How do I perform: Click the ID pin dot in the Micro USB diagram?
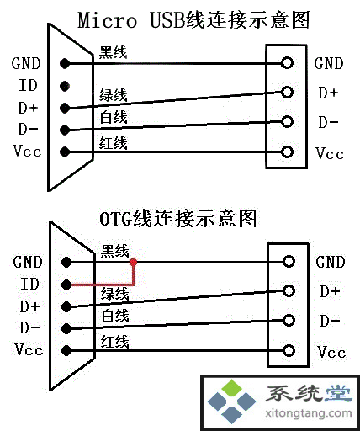click(65, 86)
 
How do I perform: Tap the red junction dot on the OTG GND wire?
click(134, 263)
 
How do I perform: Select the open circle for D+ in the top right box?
click(287, 92)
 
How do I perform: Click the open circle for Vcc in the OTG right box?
click(289, 350)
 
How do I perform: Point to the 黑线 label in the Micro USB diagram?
click(113, 52)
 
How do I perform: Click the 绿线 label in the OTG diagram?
click(114, 294)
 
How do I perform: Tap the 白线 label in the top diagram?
click(114, 117)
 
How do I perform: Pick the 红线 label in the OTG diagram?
click(114, 342)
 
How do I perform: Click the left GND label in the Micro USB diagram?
click(26, 63)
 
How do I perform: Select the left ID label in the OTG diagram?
click(29, 284)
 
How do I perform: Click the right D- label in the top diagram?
click(328, 122)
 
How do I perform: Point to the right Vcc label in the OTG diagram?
click(331, 352)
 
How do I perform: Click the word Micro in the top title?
click(107, 20)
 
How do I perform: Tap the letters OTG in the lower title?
click(116, 219)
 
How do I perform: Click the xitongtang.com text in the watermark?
click(308, 413)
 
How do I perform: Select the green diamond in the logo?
click(232, 388)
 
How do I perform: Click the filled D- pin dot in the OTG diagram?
click(66, 328)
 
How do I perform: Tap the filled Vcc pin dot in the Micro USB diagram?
click(65, 152)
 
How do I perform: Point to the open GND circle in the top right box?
click(287, 62)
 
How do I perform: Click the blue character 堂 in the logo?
click(338, 393)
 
